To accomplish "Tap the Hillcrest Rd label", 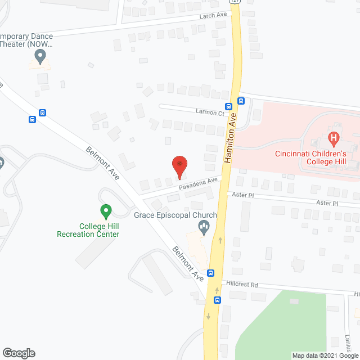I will pyautogui.click(x=242, y=285).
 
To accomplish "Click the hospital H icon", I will pyautogui.click(x=334, y=137).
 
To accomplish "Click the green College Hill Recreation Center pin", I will pyautogui.click(x=105, y=212).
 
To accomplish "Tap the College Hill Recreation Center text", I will pyautogui.click(x=88, y=230).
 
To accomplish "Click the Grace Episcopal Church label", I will pyautogui.click(x=175, y=215).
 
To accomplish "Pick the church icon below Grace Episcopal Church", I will pyautogui.click(x=204, y=228).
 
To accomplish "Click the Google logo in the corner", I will pyautogui.click(x=19, y=353).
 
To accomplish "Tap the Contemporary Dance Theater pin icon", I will pyautogui.click(x=39, y=56).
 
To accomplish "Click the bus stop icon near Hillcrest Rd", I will pyautogui.click(x=211, y=273).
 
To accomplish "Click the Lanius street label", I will pyautogui.click(x=348, y=341).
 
